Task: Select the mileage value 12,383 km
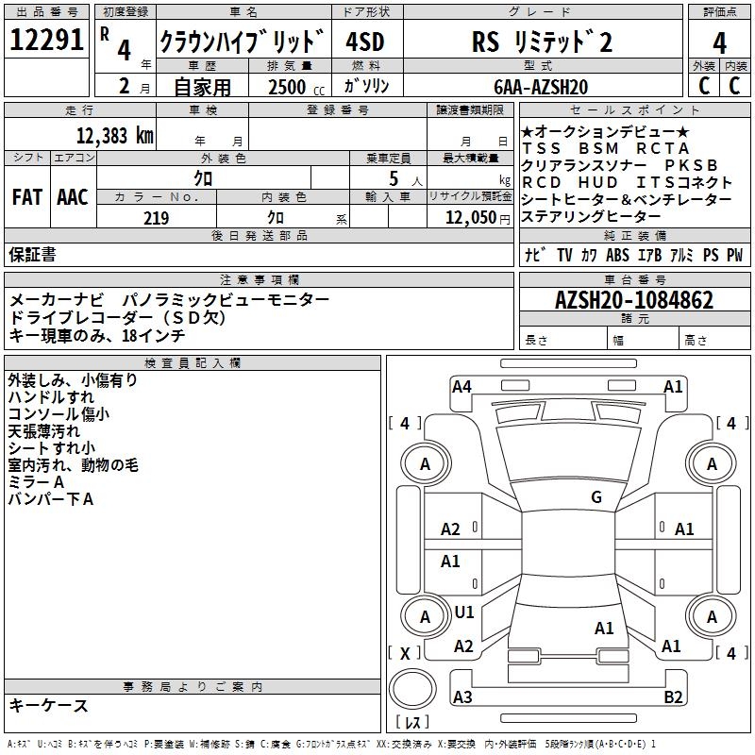[x=114, y=135]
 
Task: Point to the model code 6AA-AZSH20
[x=541, y=87]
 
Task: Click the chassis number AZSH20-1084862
[x=634, y=300]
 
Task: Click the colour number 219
[x=156, y=218]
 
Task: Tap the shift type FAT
[x=26, y=197]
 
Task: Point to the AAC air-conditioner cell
[x=73, y=197]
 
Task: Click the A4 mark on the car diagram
[x=461, y=386]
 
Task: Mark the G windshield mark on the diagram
[x=596, y=497]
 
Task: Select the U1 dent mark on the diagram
[x=464, y=612]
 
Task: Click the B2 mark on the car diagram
[x=673, y=696]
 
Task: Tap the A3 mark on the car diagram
[x=462, y=696]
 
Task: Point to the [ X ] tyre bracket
[x=405, y=653]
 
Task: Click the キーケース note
[x=49, y=705]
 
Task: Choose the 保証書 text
[x=32, y=254]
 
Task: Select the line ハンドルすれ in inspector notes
[x=51, y=397]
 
